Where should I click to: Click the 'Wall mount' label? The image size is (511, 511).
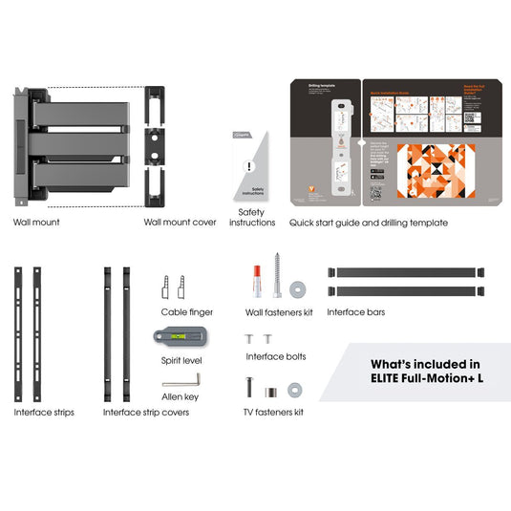pyautogui.click(x=36, y=222)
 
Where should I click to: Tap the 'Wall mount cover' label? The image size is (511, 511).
pyautogui.click(x=180, y=222)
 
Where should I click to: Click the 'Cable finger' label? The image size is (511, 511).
pyautogui.click(x=186, y=311)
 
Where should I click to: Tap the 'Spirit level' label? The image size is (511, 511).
pyautogui.click(x=182, y=360)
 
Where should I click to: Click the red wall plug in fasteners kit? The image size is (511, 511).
pyautogui.click(x=257, y=278)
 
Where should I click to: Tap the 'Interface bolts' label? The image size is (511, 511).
pyautogui.click(x=278, y=356)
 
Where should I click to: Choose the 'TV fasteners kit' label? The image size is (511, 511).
pyautogui.click(x=273, y=413)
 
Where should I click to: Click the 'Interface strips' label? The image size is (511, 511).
pyautogui.click(x=44, y=413)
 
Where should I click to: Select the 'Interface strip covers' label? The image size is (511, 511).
pyautogui.click(x=146, y=413)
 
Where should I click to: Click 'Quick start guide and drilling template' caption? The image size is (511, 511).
pyautogui.click(x=368, y=222)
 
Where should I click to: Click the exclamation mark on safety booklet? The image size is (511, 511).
pyautogui.click(x=250, y=166)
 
